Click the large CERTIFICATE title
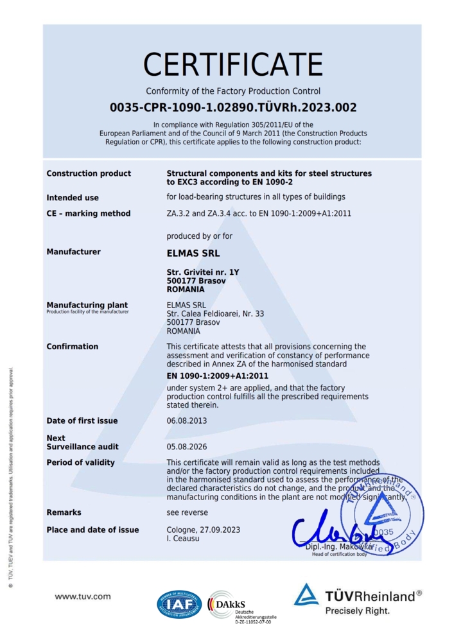coord(232,65)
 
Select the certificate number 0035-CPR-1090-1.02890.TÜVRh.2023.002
coord(232,107)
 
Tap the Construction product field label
coord(89,173)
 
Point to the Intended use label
coord(73,198)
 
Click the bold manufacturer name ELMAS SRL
coord(193,253)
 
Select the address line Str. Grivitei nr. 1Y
coord(202,272)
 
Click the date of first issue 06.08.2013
coord(186,421)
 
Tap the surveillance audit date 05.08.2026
coord(186,446)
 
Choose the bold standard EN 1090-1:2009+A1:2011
coord(217,376)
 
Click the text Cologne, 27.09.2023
coord(203,530)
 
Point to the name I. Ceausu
coord(185,539)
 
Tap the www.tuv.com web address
coord(83,596)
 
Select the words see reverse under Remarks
coord(187,512)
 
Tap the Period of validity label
coord(80,462)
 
